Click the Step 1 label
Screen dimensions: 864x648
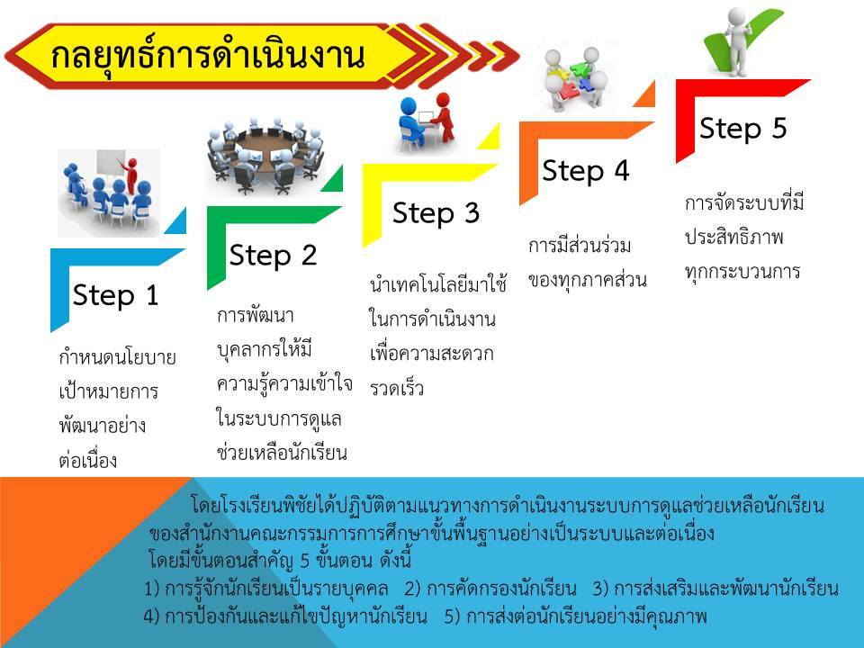pos(116,295)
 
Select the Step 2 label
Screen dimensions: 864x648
pos(273,255)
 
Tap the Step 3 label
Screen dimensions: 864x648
pos(436,212)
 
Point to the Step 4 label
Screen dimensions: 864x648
pos(585,170)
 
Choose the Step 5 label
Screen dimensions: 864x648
pos(742,128)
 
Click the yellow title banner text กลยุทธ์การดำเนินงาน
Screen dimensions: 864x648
pos(208,56)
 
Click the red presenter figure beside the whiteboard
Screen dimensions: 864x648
pos(130,175)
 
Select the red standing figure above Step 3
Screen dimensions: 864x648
pos(443,117)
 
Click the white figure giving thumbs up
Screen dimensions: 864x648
pos(737,41)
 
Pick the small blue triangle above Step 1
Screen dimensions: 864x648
pos(177,222)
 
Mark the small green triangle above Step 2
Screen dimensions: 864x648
pos(334,180)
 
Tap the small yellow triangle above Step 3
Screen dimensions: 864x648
pos(491,138)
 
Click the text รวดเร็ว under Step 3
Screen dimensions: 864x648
pos(397,389)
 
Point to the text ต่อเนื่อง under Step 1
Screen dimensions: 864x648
pos(87,459)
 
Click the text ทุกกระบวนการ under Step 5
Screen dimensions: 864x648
pos(742,271)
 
